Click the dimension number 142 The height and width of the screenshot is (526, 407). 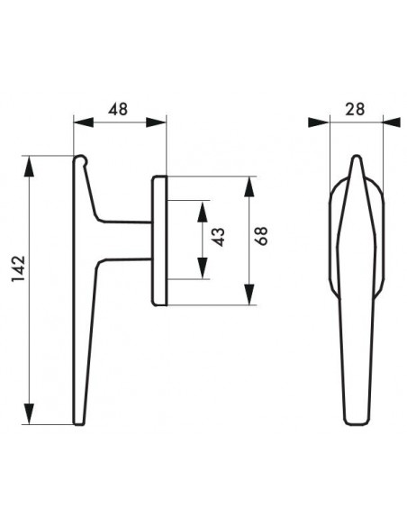tap(18, 268)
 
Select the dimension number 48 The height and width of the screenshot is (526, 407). tap(118, 109)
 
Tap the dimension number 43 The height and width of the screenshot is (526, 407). tap(219, 237)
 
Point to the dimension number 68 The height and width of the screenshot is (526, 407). tap(261, 236)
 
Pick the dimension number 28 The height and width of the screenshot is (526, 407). tap(355, 109)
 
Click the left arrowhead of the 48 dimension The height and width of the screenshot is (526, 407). tap(83, 122)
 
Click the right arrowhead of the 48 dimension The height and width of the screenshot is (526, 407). tap(157, 122)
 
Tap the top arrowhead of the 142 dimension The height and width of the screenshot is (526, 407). tap(29, 166)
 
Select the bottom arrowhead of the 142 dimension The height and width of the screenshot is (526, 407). tap(29, 414)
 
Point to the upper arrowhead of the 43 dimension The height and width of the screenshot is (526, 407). tap(203, 212)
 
